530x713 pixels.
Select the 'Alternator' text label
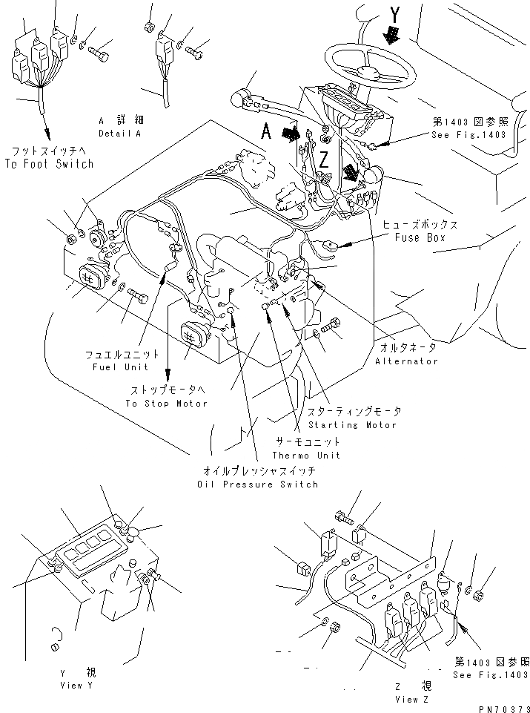tap(406, 361)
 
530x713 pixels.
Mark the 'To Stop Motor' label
tap(166, 403)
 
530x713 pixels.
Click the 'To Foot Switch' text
tap(49, 163)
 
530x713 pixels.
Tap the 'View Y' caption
tap(76, 686)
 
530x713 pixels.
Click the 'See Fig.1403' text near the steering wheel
tap(470, 136)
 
